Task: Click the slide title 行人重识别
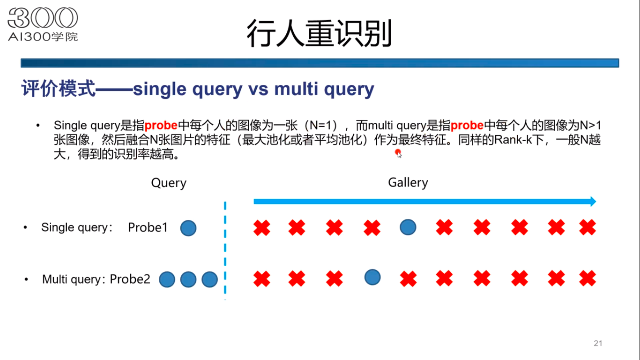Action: tap(319, 34)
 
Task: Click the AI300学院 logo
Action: tap(43, 24)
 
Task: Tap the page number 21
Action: tap(598, 343)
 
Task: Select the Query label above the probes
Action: tap(169, 183)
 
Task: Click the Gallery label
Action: tap(408, 182)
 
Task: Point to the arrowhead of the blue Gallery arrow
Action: tap(593, 202)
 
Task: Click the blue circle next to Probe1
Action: tap(188, 228)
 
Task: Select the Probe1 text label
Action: tap(148, 228)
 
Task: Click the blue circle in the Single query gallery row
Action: tap(408, 227)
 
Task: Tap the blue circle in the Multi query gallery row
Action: tap(372, 277)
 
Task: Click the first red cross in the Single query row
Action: tap(261, 228)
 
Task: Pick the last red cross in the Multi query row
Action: tap(587, 279)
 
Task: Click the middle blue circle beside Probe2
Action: tap(188, 280)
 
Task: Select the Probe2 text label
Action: tap(130, 279)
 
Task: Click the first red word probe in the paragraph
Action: tap(161, 126)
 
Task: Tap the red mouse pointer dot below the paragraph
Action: tap(398, 152)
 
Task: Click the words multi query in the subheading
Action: tap(324, 89)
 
